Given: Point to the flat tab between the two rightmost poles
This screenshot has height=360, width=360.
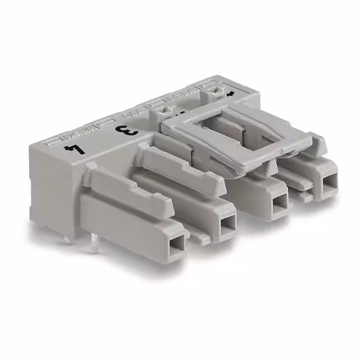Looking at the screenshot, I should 306,196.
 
